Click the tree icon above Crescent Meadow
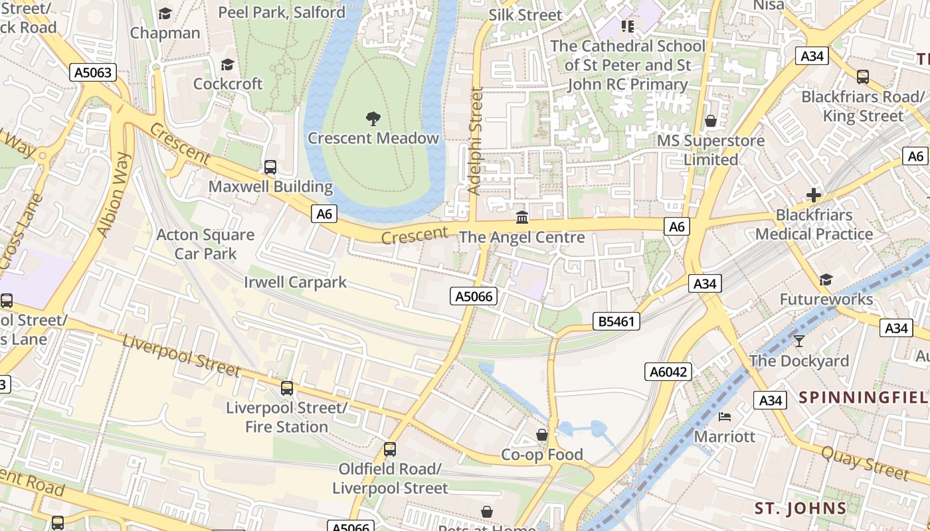373,119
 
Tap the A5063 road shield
93,72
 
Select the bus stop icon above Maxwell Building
270,167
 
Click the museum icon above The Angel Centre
522,217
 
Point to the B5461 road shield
616,322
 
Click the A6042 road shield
668,372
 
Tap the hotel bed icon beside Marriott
725,417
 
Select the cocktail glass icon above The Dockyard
798,341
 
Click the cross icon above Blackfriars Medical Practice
813,195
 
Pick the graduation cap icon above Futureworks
826,279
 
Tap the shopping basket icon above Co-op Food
542,435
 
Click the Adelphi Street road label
474,141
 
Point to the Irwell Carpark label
295,282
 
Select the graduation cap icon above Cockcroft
228,64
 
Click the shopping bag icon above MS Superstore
710,121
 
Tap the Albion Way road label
114,194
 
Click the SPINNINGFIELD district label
864,398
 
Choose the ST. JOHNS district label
800,509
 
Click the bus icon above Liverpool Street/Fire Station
287,388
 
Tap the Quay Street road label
865,463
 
